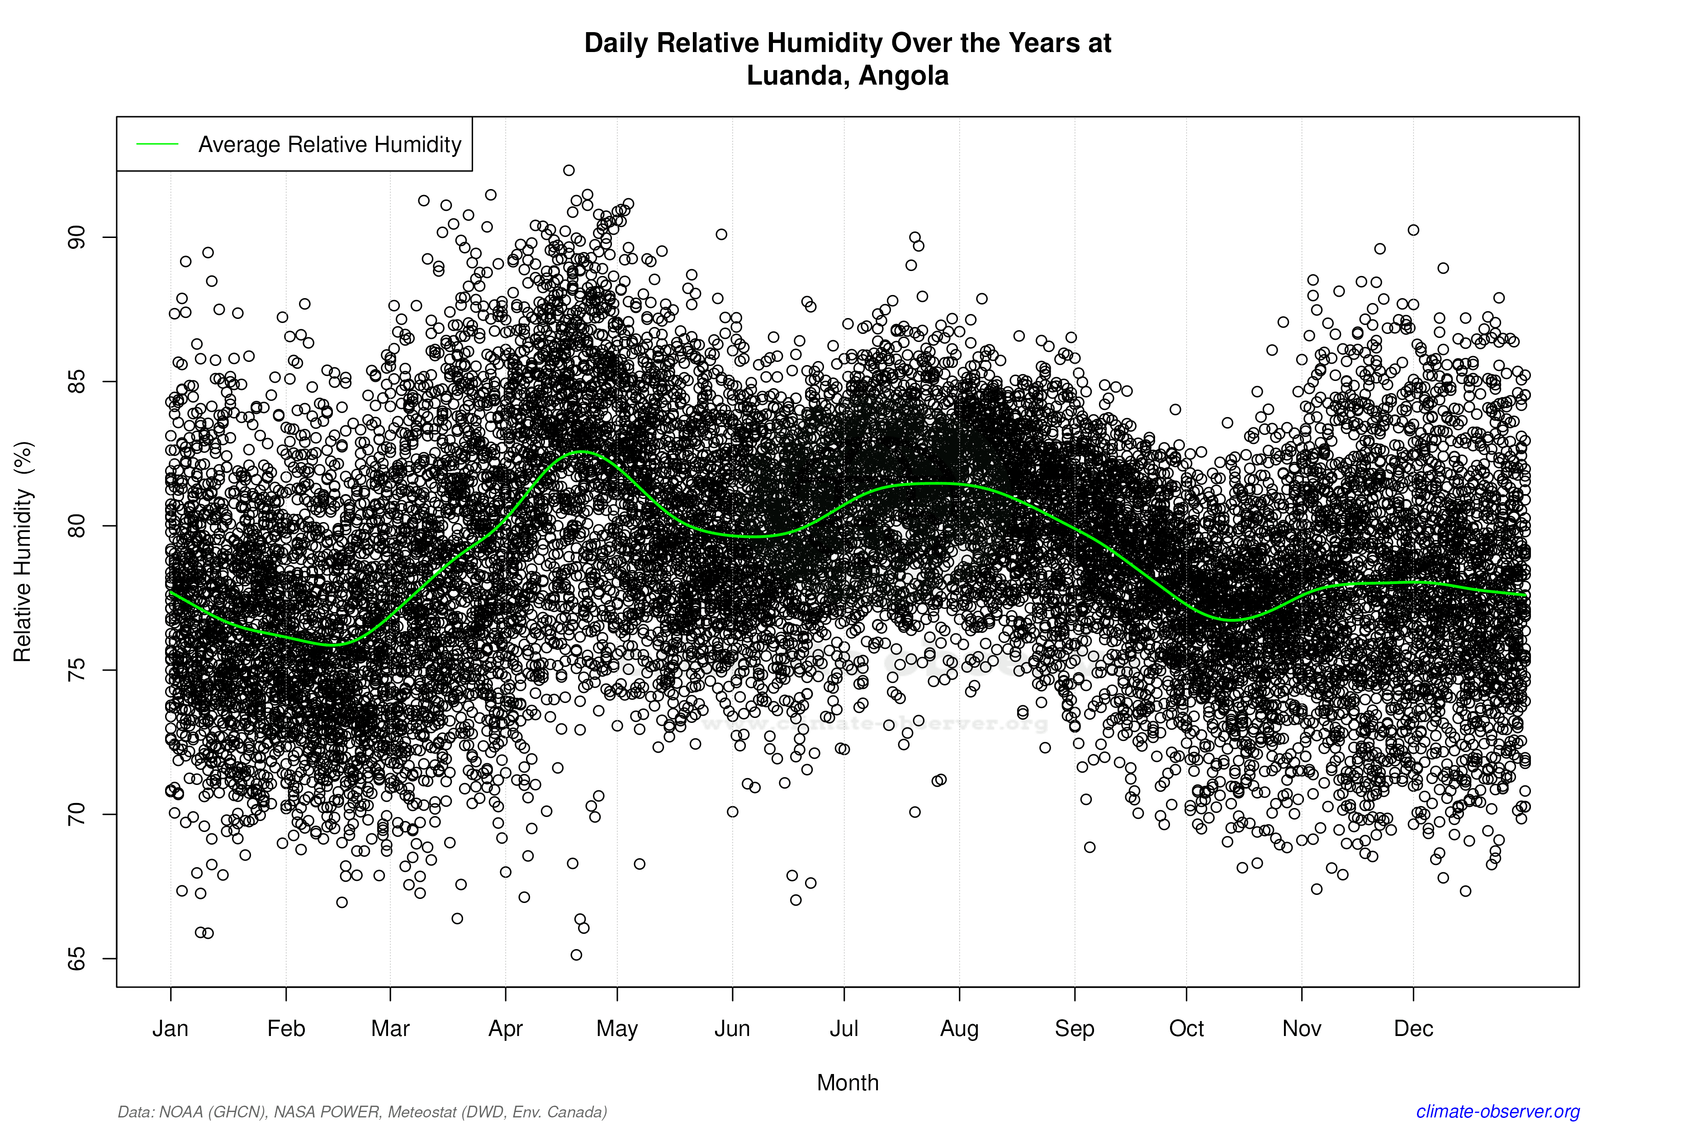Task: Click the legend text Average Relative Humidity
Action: [330, 144]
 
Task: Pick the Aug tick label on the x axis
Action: [959, 1029]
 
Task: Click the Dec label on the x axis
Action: [1413, 1029]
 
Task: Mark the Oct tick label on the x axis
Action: [1186, 1029]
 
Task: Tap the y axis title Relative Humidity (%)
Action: [23, 552]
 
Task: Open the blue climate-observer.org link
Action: [1498, 1112]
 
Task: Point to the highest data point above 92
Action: [569, 170]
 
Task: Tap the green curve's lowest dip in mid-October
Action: [1233, 620]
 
